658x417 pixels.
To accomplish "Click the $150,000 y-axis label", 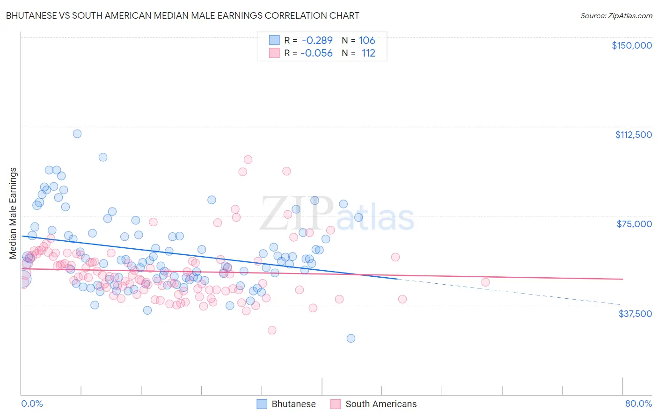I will [x=631, y=45].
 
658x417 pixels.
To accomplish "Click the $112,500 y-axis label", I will [x=633, y=135].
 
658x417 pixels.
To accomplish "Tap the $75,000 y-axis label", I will [x=634, y=224].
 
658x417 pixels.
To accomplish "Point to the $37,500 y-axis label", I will [x=635, y=314].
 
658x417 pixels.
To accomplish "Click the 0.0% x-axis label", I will [x=32, y=403].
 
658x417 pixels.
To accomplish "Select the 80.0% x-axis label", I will [x=638, y=403].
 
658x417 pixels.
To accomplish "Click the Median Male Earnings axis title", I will [x=13, y=213].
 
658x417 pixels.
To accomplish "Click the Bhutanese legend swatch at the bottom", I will [x=262, y=404].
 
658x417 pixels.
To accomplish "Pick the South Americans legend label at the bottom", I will [x=381, y=404].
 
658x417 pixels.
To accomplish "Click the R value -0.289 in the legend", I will [x=317, y=40].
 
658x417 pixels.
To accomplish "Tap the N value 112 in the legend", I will [x=368, y=53].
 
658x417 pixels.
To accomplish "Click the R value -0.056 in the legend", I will [x=317, y=53].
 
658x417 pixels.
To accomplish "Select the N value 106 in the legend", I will [x=367, y=40].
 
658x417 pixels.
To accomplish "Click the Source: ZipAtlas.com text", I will [x=616, y=15].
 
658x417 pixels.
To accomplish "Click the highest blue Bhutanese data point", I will [x=77, y=134].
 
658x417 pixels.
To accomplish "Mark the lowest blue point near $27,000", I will [x=351, y=338].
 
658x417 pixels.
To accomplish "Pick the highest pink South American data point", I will [x=248, y=159].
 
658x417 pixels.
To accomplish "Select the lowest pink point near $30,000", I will [x=272, y=330].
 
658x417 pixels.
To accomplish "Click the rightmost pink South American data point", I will [x=485, y=282].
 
